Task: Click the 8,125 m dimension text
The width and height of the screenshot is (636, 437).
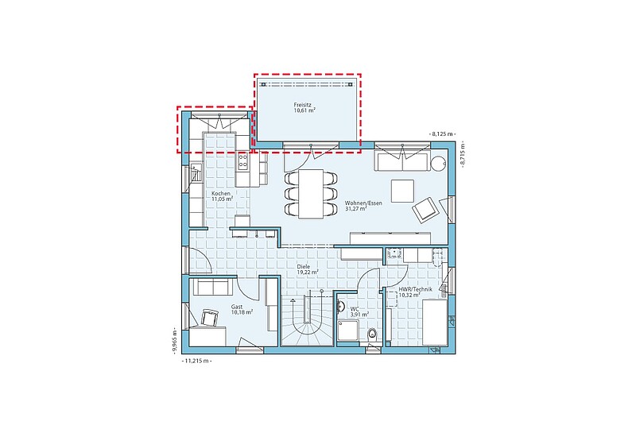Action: point(442,133)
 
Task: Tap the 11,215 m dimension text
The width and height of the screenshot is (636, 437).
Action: point(197,361)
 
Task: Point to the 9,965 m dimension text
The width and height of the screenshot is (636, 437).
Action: point(174,341)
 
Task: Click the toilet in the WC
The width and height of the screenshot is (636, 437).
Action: point(371,335)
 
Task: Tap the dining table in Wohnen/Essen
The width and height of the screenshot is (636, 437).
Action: point(311,194)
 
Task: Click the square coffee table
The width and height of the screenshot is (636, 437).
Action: point(402,191)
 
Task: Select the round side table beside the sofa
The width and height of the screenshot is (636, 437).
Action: point(438,164)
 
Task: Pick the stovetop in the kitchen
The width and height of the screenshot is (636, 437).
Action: point(243,160)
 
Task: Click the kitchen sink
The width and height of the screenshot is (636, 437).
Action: point(196,172)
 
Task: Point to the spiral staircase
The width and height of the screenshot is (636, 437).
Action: point(308,320)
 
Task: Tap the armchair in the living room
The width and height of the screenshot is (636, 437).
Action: point(425,210)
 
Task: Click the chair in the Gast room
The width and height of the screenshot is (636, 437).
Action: point(209,317)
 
